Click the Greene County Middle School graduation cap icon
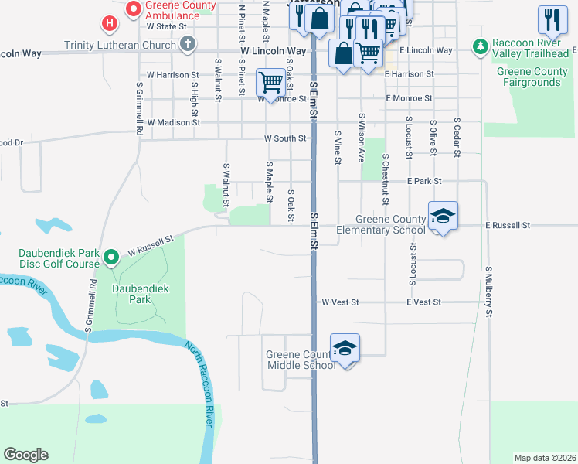click(x=345, y=347)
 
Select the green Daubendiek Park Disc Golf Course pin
click(x=110, y=256)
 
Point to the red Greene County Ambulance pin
click(x=133, y=9)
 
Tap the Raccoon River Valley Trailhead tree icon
click(x=481, y=46)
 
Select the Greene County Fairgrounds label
click(x=532, y=77)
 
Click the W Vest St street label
click(x=340, y=302)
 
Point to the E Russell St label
click(x=508, y=225)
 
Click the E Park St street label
click(x=424, y=181)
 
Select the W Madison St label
click(x=173, y=122)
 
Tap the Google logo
click(x=26, y=455)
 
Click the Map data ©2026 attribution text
click(x=544, y=458)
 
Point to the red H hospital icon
click(x=110, y=24)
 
